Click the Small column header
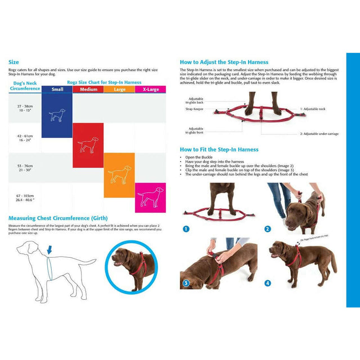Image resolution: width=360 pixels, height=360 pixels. click(57, 89)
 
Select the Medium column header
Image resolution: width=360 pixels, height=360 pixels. click(88, 89)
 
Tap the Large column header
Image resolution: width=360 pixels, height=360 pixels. click(119, 89)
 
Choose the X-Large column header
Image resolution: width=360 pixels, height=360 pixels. click(150, 89)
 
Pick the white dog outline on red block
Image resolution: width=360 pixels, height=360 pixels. click(88, 146)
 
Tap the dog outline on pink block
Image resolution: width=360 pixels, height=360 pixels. click(150, 197)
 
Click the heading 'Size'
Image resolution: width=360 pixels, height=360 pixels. click(13, 62)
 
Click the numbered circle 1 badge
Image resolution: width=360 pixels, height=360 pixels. click(186, 229)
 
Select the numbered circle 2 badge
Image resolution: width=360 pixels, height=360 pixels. click(268, 229)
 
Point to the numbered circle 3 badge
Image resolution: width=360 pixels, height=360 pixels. click(186, 282)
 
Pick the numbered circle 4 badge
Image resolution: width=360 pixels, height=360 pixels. click(268, 282)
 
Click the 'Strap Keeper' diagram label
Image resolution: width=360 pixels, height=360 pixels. click(194, 109)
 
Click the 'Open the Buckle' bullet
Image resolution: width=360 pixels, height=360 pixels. click(199, 157)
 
